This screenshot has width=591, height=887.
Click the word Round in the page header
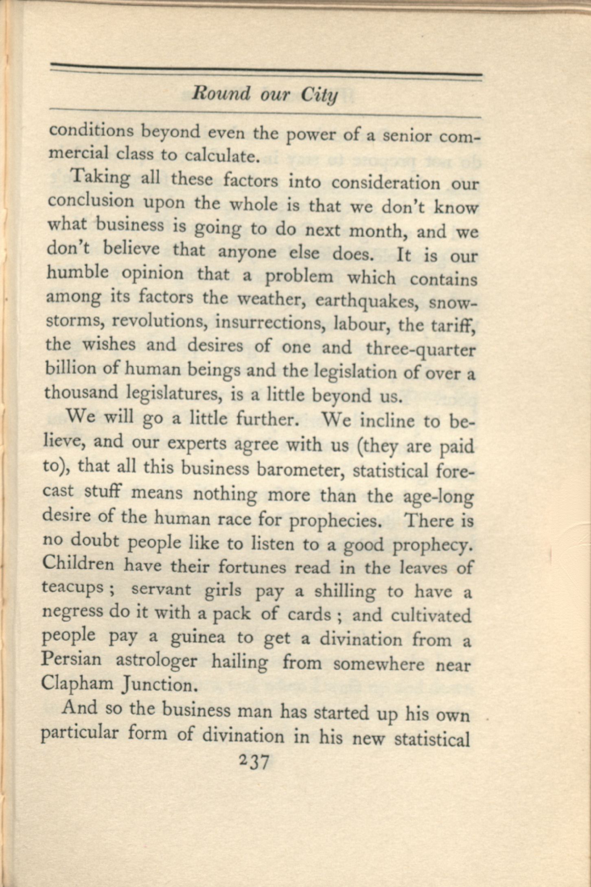(x=221, y=94)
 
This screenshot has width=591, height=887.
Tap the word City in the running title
(x=320, y=96)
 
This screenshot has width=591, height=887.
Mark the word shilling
(x=345, y=592)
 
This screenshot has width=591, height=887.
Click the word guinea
(x=197, y=638)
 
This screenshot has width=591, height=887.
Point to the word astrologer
(x=157, y=662)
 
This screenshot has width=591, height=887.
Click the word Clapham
(x=77, y=683)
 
